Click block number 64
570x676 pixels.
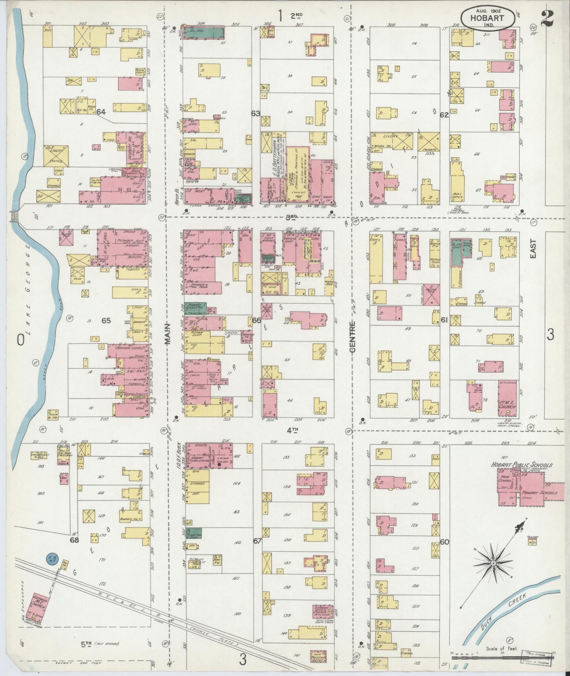tap(101, 112)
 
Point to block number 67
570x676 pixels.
tap(257, 541)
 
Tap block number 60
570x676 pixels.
tap(445, 542)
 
